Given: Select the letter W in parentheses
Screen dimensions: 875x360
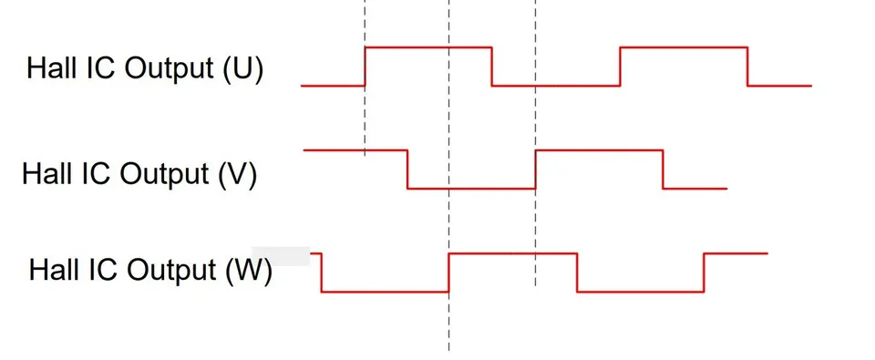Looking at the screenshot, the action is (249, 270).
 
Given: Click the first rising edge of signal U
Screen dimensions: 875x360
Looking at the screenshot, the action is (365, 67).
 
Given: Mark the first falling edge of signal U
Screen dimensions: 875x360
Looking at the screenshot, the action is (491, 67).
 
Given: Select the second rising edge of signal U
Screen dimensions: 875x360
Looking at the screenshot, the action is (620, 67).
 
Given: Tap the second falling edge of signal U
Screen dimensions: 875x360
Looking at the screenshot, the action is (747, 67).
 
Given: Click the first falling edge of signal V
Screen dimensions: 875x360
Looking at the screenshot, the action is (407, 170).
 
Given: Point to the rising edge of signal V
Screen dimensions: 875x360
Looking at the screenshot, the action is (535, 170).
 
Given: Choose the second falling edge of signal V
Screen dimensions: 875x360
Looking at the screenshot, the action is (663, 170).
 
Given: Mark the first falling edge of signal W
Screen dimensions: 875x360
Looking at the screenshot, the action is (322, 273).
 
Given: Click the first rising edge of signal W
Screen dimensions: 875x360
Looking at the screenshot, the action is (448, 273).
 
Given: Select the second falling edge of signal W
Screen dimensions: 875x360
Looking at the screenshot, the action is (577, 273).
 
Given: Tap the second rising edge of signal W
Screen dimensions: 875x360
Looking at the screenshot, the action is (705, 273).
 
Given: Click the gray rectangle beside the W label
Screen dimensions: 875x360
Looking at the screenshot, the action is (281, 255).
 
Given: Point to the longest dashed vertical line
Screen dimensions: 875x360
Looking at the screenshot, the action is (448, 175).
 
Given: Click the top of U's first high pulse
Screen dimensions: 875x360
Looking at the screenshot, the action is (428, 47).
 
